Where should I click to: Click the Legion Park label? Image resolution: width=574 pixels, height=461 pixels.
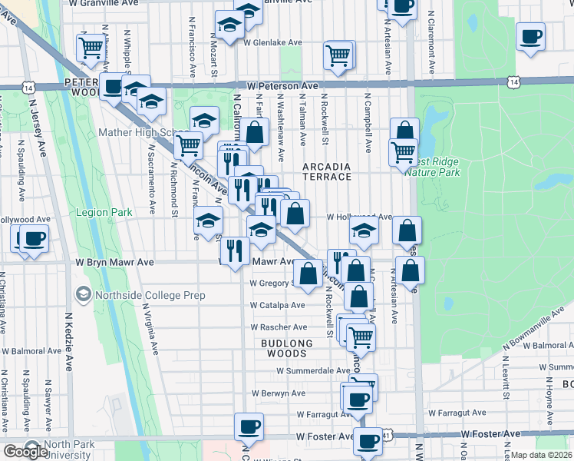[104, 212]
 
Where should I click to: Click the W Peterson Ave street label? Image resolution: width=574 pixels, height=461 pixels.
[277, 86]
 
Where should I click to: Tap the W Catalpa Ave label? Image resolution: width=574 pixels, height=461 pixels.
[273, 305]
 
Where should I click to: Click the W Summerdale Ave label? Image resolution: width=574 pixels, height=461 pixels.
[306, 370]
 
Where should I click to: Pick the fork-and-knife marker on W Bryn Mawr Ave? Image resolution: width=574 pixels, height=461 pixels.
[235, 249]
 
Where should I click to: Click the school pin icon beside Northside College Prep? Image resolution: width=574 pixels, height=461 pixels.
[84, 294]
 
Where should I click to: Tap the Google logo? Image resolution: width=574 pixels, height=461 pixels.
[26, 452]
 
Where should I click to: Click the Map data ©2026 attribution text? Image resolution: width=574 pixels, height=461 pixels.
[542, 455]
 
